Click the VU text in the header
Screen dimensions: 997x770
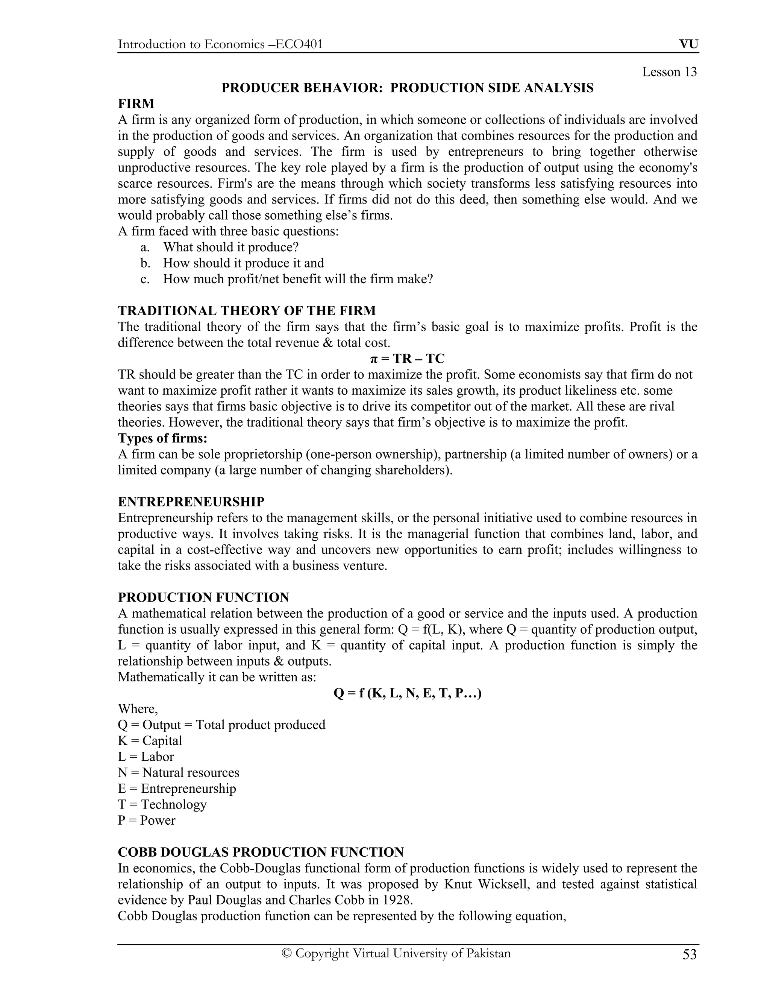[x=688, y=44]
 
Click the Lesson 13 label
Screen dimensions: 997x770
[x=669, y=72]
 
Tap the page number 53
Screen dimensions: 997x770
[x=689, y=954]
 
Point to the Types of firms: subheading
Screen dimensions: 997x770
[x=162, y=438]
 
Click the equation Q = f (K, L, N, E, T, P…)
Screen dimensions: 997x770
[x=407, y=693]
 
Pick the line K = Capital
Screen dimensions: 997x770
[x=150, y=741]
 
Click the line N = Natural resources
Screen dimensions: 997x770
[x=178, y=772]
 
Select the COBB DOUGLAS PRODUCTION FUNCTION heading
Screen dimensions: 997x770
[x=261, y=852]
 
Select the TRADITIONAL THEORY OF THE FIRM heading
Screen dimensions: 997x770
[x=247, y=311]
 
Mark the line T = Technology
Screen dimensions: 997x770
[x=162, y=804]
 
